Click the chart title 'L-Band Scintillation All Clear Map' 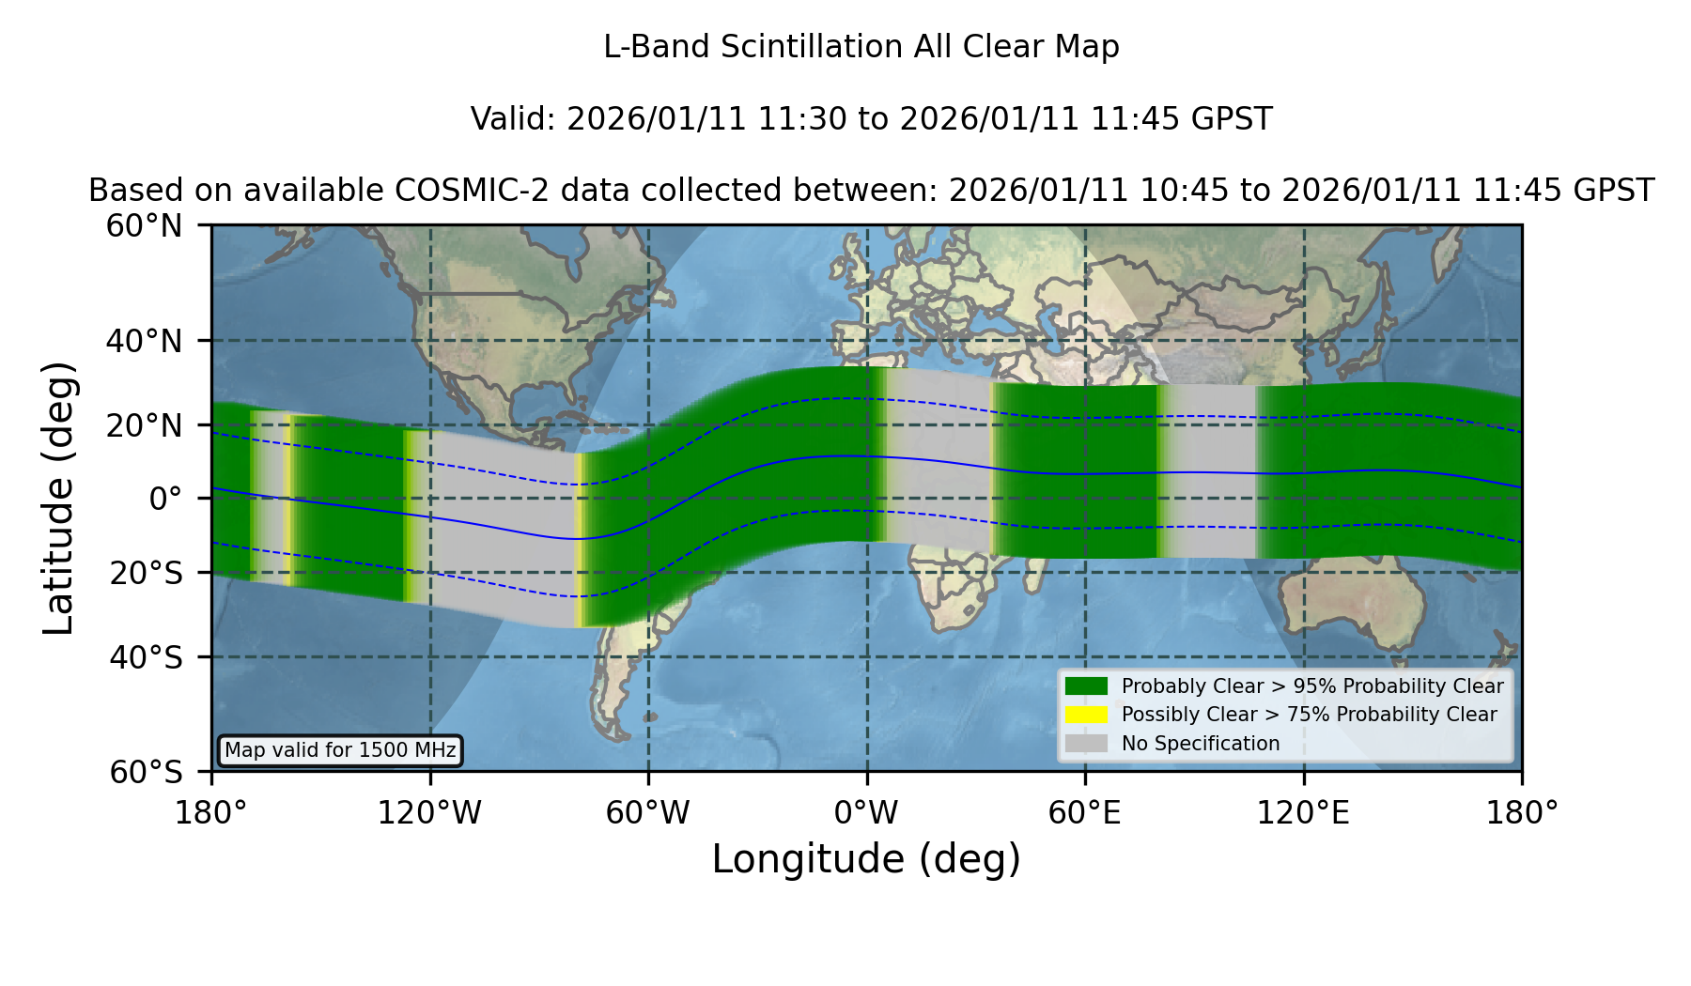pyautogui.click(x=861, y=47)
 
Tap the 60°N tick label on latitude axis pyautogui.click(x=144, y=225)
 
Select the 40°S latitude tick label pyautogui.click(x=146, y=657)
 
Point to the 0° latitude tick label pyautogui.click(x=165, y=499)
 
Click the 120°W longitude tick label pyautogui.click(x=429, y=813)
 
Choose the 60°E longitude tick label pyautogui.click(x=1085, y=813)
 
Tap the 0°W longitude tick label pyautogui.click(x=867, y=813)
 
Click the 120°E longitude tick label pyautogui.click(x=1303, y=813)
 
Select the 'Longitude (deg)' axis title pyautogui.click(x=866, y=859)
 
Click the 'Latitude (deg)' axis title pyautogui.click(x=59, y=498)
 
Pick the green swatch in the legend pyautogui.click(x=1086, y=686)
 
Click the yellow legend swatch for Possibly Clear pyautogui.click(x=1086, y=715)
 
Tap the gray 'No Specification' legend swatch pyautogui.click(x=1086, y=744)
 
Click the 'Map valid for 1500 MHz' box pyautogui.click(x=340, y=750)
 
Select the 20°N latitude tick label pyautogui.click(x=144, y=425)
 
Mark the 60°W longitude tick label pyautogui.click(x=648, y=813)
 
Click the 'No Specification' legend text pyautogui.click(x=1201, y=744)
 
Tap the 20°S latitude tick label pyautogui.click(x=146, y=573)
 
